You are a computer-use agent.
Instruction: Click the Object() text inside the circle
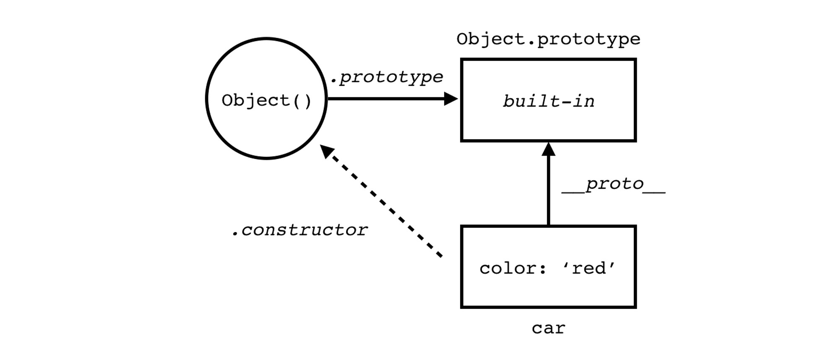coord(266,101)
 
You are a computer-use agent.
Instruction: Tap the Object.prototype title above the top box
coord(548,39)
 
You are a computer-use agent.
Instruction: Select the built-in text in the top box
coord(548,102)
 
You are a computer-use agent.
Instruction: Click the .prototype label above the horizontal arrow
coord(386,77)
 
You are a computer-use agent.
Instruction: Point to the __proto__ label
coord(613,184)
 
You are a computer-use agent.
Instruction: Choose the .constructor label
coord(300,230)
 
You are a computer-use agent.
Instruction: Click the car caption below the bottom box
coord(548,328)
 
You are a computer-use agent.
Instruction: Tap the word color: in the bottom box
coord(513,269)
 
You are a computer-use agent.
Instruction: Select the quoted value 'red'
coord(589,269)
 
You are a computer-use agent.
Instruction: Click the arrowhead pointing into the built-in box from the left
coord(451,99)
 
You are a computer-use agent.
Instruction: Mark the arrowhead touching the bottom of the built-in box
coord(548,149)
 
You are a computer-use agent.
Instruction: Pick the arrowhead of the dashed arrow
coord(327,151)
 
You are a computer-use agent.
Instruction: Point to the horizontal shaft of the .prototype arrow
coord(386,99)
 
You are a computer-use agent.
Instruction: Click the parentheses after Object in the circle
coord(302,101)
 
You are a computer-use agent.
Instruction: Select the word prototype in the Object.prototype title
coord(589,39)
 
